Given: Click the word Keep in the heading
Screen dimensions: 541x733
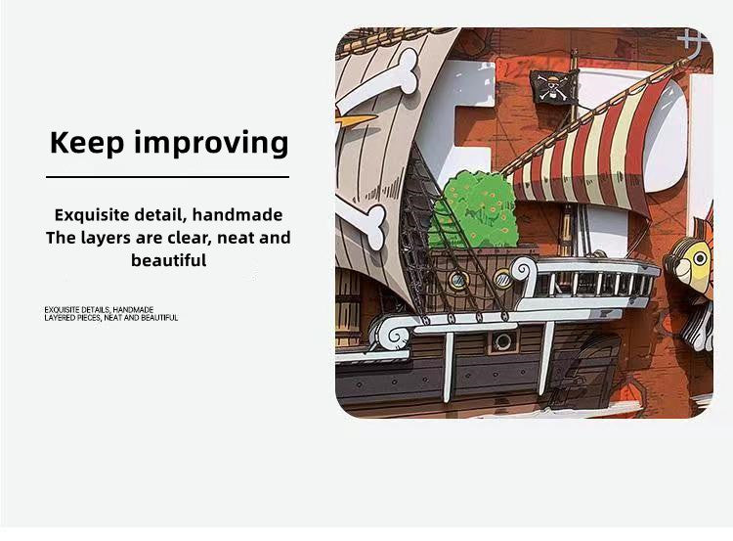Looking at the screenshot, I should tap(87, 142).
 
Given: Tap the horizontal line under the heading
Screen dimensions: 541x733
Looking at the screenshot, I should tap(167, 177).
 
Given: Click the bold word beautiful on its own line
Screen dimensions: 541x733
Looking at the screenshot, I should tap(168, 260).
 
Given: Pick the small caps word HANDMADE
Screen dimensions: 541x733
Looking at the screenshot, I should tap(134, 309).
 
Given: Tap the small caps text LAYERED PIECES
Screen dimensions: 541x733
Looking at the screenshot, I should tap(72, 318).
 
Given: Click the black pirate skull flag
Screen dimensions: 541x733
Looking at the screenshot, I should tap(554, 87).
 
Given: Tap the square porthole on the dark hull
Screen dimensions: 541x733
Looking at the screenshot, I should tap(503, 340).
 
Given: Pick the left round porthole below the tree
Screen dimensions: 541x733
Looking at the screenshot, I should tap(456, 279).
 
